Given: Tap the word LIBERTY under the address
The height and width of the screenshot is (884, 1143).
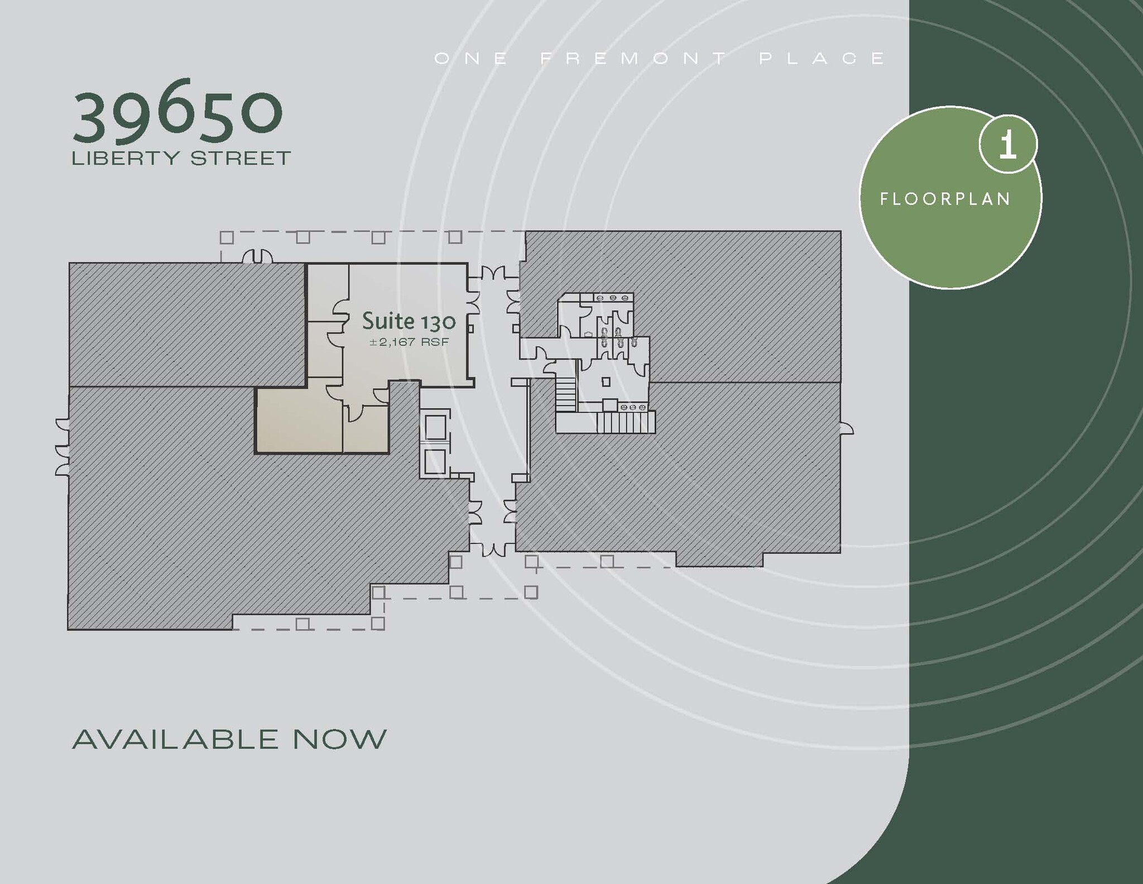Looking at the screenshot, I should (x=126, y=159).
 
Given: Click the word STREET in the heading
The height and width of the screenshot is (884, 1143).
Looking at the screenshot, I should (x=241, y=159).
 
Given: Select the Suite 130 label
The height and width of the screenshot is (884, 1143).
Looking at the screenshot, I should (x=409, y=321).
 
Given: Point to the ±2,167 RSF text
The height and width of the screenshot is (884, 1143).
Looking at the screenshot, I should (x=409, y=342).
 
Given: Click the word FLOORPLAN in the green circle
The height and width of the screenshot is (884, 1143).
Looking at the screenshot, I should (x=945, y=199).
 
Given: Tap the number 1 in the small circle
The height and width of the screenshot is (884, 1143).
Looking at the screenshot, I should (x=1007, y=145).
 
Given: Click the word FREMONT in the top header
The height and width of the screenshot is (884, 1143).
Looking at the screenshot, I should (x=635, y=59).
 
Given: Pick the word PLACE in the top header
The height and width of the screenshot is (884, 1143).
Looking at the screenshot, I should (x=822, y=59).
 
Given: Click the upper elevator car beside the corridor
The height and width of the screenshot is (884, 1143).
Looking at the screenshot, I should (x=435, y=427).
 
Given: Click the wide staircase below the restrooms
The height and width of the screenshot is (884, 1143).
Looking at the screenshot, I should (x=626, y=423).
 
